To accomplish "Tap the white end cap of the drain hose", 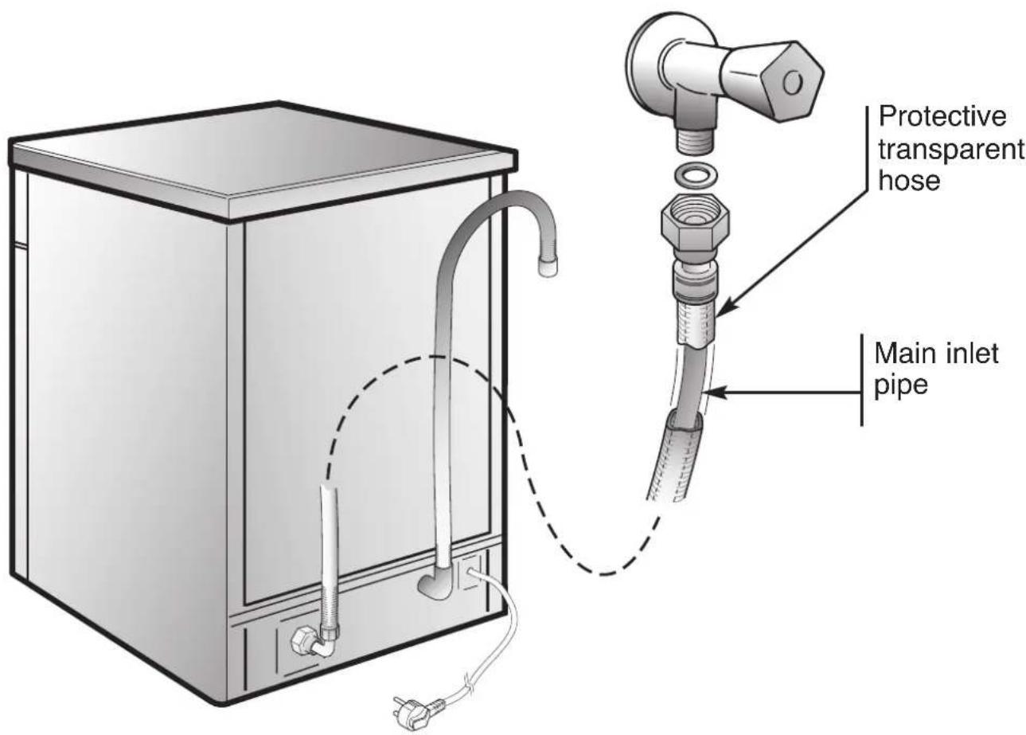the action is tap(547, 268).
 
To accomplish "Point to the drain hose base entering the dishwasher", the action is tap(435, 588).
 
